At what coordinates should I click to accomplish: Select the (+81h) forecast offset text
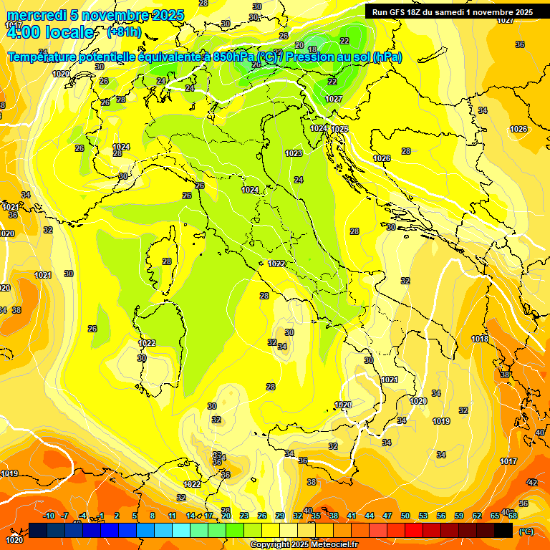(x=123, y=32)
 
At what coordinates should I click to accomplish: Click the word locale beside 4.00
(x=68, y=32)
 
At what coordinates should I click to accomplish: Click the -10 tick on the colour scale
(x=49, y=516)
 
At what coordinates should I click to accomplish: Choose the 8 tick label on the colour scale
(x=153, y=516)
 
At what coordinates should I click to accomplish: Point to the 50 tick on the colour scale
(x=405, y=516)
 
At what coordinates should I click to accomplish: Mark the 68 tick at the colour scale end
(x=513, y=516)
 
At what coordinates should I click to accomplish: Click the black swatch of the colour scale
(x=503, y=530)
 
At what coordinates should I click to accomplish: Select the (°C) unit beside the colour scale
(x=526, y=531)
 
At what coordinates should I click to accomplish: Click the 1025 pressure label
(x=339, y=129)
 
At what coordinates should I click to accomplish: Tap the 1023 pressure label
(x=294, y=153)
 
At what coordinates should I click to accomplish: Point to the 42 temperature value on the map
(x=532, y=483)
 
